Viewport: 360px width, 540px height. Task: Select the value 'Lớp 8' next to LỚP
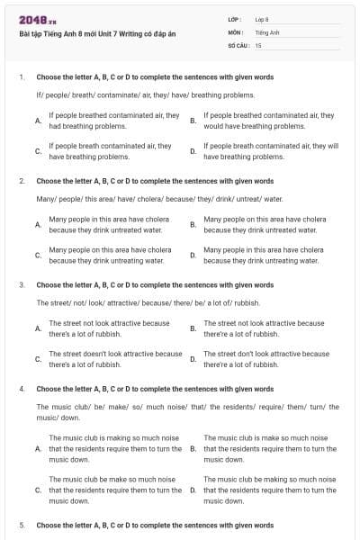[262, 19]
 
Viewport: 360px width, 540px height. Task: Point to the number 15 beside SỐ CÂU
[258, 44]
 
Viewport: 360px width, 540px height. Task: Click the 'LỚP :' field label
[235, 19]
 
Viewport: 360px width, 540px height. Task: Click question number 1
[21, 77]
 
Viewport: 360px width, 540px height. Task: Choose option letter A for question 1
[37, 121]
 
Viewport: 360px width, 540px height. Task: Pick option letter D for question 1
[193, 150]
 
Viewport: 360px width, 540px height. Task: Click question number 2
[21, 181]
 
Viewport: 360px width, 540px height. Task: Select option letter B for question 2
[193, 224]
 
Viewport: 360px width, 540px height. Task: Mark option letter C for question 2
[37, 255]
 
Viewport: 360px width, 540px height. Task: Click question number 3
[21, 284]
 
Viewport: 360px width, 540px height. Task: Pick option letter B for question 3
[193, 328]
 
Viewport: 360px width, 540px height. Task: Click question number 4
[21, 389]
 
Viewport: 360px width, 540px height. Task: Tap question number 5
[21, 524]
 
